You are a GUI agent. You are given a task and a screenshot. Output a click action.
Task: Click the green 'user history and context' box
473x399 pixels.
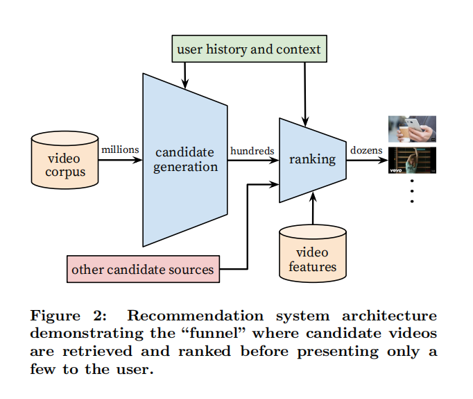(248, 49)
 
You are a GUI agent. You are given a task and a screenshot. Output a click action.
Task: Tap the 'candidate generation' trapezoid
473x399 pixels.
(185, 159)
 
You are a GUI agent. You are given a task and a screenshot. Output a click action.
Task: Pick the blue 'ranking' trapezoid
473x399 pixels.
(312, 159)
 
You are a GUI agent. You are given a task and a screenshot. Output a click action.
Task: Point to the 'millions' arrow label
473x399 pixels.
(121, 149)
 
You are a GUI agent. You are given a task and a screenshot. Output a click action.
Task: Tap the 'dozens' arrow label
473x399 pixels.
(366, 149)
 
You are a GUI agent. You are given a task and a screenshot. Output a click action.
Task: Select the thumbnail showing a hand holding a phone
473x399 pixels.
(412, 129)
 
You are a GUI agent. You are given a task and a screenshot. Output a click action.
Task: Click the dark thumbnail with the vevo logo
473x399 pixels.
(412, 160)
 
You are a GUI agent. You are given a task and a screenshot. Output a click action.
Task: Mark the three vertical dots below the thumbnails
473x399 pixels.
(412, 190)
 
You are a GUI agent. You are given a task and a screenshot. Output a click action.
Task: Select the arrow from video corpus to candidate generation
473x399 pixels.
(121, 160)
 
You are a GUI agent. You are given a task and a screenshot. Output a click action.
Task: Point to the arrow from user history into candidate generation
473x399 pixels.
(185, 72)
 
